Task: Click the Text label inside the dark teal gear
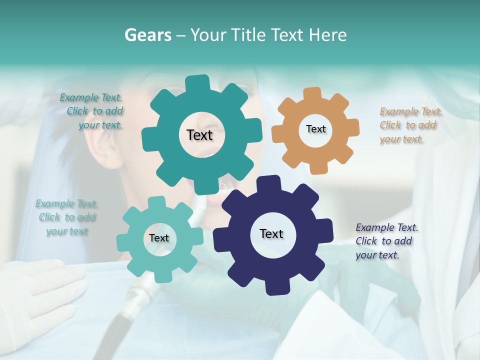[200, 135]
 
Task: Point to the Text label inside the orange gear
[315, 129]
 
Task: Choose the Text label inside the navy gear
[271, 233]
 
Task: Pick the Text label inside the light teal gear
[159, 238]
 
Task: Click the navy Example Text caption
[386, 241]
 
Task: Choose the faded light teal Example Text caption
[66, 217]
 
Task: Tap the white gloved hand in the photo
[47, 290]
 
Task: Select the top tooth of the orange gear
[312, 93]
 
